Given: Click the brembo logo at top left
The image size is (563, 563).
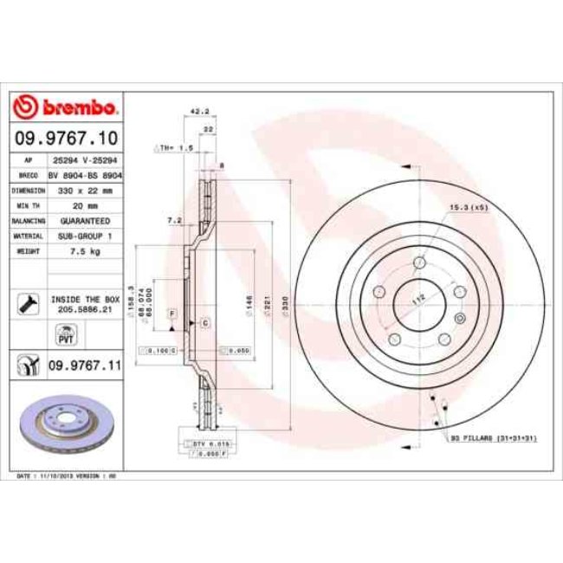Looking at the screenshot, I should click(x=66, y=107).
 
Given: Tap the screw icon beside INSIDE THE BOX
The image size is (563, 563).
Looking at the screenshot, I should click(x=26, y=302).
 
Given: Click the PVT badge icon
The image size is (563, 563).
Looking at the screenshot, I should click(x=65, y=333).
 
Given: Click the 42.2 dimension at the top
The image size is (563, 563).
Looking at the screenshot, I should click(x=200, y=111).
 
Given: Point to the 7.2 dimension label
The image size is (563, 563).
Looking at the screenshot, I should click(x=174, y=221).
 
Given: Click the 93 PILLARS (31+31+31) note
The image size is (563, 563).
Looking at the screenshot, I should click(x=494, y=439).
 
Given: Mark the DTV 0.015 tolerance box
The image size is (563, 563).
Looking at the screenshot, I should click(x=198, y=443).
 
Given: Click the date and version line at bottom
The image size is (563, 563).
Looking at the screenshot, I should click(x=68, y=476).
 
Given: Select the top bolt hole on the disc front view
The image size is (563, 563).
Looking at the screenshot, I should click(x=419, y=262).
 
